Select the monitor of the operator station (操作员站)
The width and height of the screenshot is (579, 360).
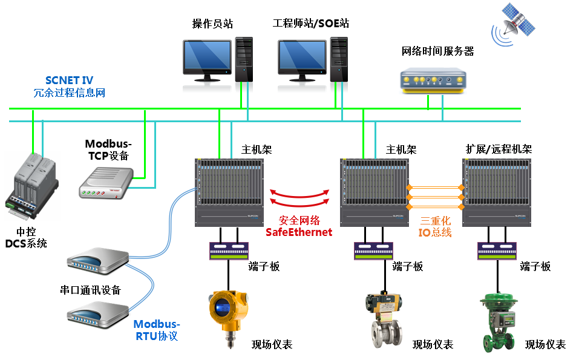(207, 58)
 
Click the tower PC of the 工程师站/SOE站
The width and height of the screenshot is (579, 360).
(339, 59)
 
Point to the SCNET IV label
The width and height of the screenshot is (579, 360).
(69, 80)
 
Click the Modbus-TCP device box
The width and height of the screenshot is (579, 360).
(106, 182)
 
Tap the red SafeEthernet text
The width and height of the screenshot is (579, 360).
(299, 232)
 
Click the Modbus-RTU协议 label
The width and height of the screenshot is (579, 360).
(157, 330)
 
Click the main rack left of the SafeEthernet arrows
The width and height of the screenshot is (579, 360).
(229, 189)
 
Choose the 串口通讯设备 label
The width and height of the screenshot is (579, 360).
(90, 290)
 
